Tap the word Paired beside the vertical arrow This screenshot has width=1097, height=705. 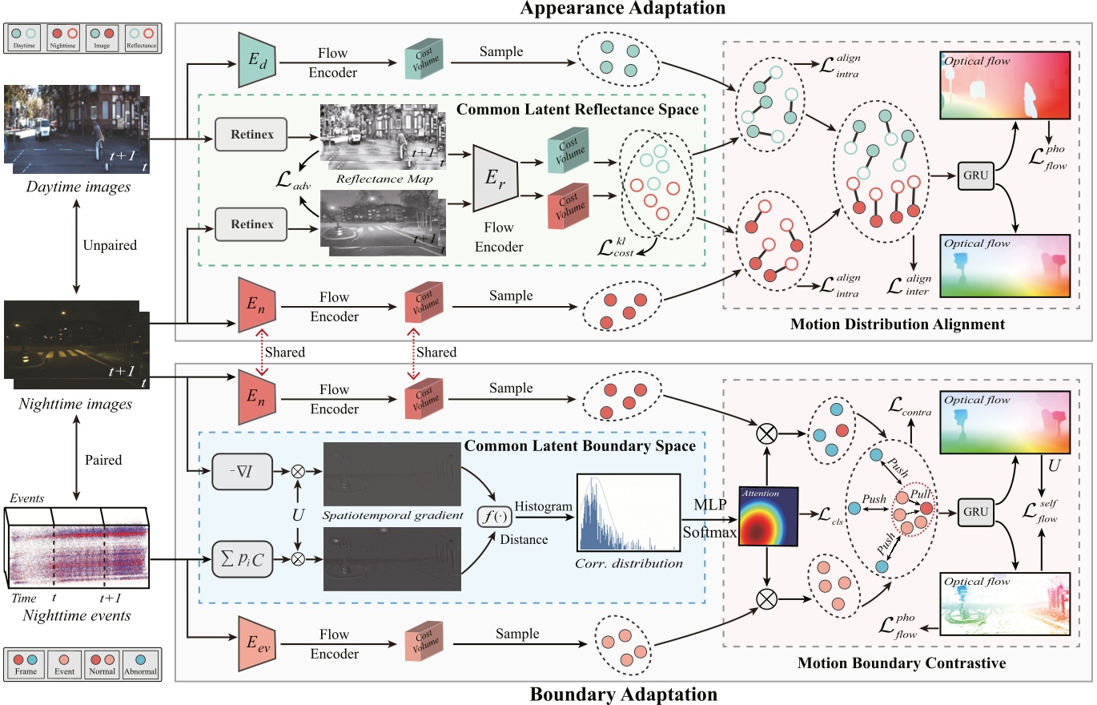(x=102, y=460)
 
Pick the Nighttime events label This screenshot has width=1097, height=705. (x=76, y=615)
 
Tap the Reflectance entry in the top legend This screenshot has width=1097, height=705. (x=141, y=38)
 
